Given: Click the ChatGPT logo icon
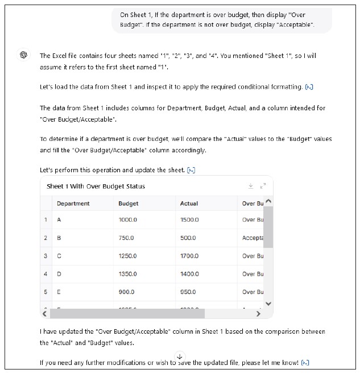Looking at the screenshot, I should pos(23,55).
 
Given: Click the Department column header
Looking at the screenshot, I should pos(73,204).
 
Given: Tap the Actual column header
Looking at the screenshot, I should pos(189,204).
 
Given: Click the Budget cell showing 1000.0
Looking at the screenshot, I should pos(127,220).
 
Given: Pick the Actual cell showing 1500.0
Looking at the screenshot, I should pos(189,220).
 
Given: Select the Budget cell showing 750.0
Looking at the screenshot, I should pos(126,238).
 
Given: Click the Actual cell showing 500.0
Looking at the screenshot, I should pos(188,238).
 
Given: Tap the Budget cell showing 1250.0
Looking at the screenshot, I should pos(127,256).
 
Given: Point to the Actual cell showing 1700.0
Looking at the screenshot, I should pos(189,256).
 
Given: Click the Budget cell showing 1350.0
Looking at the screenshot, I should pos(127,274).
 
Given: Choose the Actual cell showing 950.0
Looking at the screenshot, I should pos(188,292).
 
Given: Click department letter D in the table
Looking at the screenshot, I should pos(59,274).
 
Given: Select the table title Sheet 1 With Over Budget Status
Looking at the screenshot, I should pos(96,186).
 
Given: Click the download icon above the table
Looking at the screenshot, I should pos(251,186).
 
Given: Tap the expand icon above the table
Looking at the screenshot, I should pos(263,186).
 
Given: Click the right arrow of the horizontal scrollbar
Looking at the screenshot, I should pos(259,314).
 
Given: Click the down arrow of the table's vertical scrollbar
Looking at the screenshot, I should pos(268,304).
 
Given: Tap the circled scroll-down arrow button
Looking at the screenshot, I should pos(180,356).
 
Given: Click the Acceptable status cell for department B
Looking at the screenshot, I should pos(251,238).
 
